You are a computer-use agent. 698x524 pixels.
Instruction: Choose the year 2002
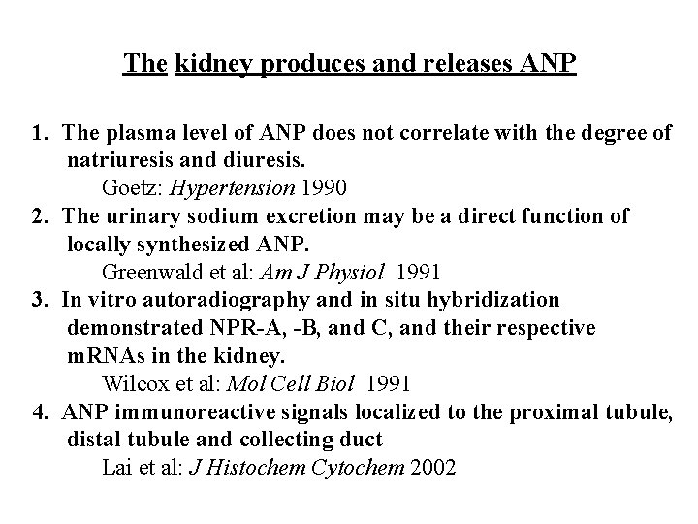tap(433, 468)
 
